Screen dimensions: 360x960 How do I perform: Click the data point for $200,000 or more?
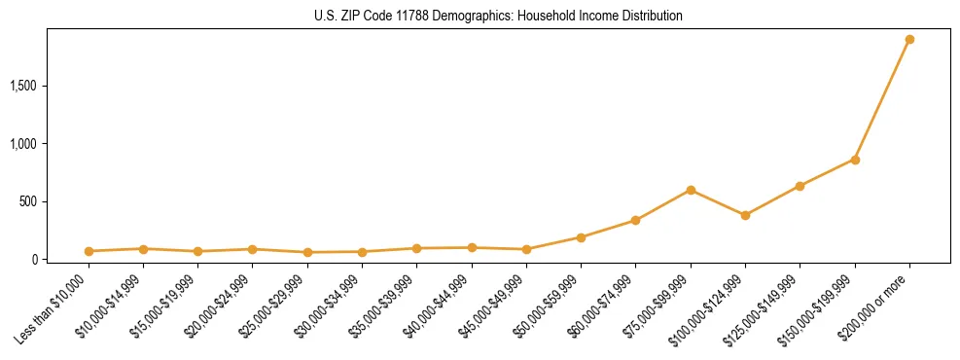tap(909, 40)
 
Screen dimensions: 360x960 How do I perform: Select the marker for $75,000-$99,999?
tap(691, 190)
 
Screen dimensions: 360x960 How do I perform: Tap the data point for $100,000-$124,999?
tap(745, 215)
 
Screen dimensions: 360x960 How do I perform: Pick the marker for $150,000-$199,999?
tap(855, 160)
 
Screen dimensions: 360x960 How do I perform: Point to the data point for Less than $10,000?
tap(89, 251)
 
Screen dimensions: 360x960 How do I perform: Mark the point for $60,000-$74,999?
tap(635, 220)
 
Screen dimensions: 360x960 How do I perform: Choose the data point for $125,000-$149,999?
tap(800, 186)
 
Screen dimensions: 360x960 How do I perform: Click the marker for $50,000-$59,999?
tap(581, 237)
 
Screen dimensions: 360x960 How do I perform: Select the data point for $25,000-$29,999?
tap(307, 252)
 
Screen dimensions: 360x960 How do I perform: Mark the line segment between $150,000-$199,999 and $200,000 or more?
tap(882, 100)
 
